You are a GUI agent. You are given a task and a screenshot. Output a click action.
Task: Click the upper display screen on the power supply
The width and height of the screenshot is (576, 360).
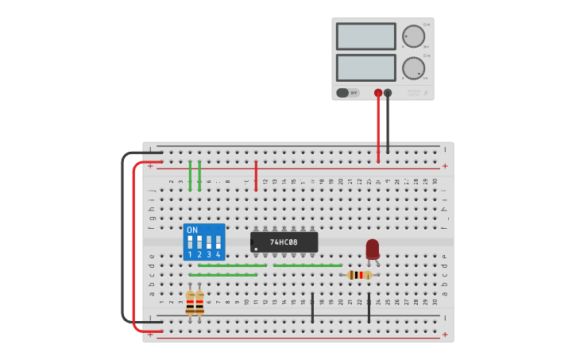coord(365,37)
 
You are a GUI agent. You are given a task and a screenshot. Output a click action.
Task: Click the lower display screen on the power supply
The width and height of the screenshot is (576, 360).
coord(365,68)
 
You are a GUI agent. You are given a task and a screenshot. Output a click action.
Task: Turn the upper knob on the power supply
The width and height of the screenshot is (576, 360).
coord(413,37)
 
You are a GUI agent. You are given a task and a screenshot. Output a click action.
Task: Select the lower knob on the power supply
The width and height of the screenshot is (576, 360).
coord(413,68)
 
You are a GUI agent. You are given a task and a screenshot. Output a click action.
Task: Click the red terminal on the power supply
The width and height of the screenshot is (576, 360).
coord(378,93)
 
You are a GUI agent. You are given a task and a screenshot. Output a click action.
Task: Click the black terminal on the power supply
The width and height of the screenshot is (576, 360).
coord(388,93)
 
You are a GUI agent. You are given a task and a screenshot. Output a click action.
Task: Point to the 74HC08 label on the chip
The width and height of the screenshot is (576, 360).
coord(284,242)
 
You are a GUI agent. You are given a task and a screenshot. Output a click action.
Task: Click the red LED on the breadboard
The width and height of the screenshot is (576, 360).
coord(373,249)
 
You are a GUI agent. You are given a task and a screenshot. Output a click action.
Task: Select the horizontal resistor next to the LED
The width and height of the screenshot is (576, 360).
coord(360,275)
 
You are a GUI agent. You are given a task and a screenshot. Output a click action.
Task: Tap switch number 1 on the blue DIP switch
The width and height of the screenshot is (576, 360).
coord(190,242)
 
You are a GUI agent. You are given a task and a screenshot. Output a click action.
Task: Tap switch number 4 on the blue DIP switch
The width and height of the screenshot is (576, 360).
coord(218,242)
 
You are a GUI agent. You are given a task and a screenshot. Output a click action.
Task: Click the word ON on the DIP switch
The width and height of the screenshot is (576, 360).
coord(192,230)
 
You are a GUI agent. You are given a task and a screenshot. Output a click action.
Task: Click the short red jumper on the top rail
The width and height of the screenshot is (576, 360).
coord(256,175)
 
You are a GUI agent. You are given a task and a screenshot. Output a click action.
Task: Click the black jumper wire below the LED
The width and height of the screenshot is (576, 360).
coord(369,308)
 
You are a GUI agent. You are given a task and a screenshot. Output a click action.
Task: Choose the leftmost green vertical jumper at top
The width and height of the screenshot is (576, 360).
coord(190,175)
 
